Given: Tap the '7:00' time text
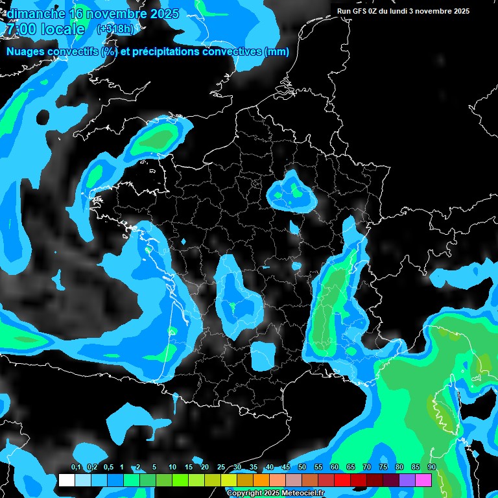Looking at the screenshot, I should coord(20,29).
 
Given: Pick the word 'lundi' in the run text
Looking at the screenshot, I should coord(403,11).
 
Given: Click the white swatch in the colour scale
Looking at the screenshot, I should coord(67,480).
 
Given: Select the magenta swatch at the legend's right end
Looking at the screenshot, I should coord(423,480).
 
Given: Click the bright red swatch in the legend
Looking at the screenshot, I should coord(342,480).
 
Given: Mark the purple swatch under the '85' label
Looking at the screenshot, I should coord(407,480).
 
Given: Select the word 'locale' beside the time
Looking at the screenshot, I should coord(62,29).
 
